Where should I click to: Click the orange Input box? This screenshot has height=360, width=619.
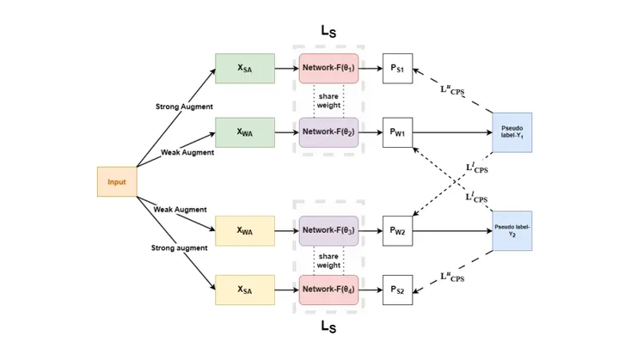(116, 182)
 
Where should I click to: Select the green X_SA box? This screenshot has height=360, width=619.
(245, 68)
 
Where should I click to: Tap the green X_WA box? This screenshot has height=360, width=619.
(245, 132)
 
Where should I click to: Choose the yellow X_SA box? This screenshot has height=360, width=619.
(245, 290)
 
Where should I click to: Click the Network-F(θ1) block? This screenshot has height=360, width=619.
(328, 68)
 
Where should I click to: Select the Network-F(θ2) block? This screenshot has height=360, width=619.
(328, 132)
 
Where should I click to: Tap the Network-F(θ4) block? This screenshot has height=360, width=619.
(328, 290)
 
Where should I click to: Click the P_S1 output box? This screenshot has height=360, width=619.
(397, 68)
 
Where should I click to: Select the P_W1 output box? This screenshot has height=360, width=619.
(397, 132)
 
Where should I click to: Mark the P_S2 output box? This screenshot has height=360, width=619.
(397, 290)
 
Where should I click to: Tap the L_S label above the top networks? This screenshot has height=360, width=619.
(328, 30)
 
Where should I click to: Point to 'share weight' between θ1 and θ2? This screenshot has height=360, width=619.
(328, 101)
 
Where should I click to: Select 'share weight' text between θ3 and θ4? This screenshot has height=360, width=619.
(328, 260)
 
